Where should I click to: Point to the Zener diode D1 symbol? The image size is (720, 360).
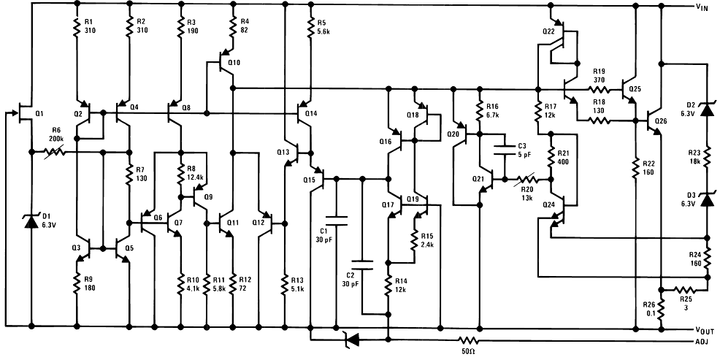pos(31,219)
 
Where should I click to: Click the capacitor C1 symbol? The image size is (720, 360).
pos(335,217)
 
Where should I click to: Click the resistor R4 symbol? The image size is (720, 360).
pos(232,28)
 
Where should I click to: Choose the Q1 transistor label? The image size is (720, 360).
pos(39,113)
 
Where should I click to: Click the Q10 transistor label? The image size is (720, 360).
pos(234,63)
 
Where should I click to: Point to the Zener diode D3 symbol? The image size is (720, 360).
pos(706,199)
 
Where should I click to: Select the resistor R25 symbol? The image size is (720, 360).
pos(684,289)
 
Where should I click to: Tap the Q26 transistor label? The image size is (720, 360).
pos(662,120)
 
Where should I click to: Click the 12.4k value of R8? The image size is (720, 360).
pos(195,177)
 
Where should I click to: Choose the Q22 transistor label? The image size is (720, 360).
pos(548,31)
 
